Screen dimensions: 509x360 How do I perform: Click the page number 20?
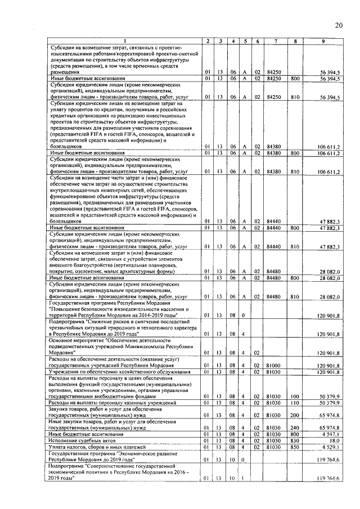(338, 25)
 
